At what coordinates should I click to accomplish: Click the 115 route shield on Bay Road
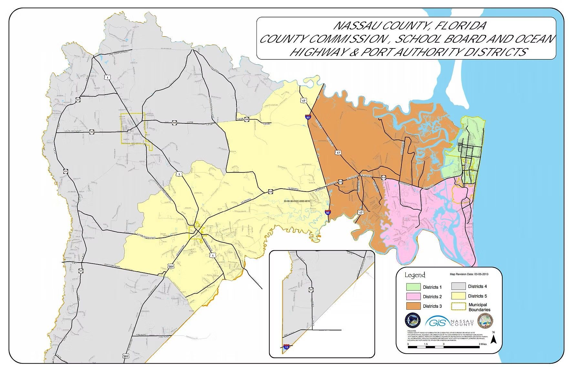click(92, 132)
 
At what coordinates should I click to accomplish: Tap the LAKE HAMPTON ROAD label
click(116, 53)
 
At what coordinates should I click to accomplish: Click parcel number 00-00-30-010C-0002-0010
click(297, 201)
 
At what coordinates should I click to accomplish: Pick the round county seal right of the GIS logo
click(485, 322)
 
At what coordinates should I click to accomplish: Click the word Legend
click(415, 275)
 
